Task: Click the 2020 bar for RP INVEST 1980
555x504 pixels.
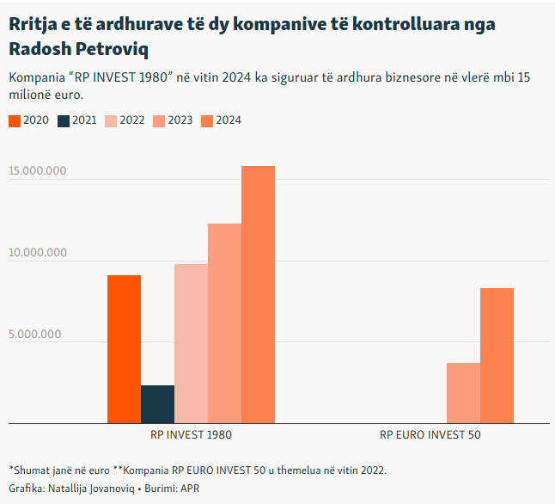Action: pyautogui.click(x=124, y=349)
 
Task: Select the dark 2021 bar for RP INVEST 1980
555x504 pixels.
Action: pyautogui.click(x=157, y=404)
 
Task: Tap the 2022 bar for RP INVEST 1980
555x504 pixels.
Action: pyautogui.click(x=191, y=343)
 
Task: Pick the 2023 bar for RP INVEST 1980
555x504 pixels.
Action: pyautogui.click(x=224, y=323)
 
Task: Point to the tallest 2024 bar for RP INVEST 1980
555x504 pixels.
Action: pyautogui.click(x=258, y=294)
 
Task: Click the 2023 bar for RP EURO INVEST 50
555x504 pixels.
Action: pyautogui.click(x=463, y=393)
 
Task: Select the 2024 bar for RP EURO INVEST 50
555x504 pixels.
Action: pyautogui.click(x=497, y=355)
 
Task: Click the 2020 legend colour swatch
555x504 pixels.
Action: pyautogui.click(x=15, y=120)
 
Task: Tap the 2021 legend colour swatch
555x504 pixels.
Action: pyautogui.click(x=63, y=120)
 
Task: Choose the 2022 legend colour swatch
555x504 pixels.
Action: pyautogui.click(x=111, y=120)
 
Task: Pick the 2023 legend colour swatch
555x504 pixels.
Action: pyautogui.click(x=159, y=120)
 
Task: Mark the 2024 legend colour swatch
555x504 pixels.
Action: pyautogui.click(x=207, y=120)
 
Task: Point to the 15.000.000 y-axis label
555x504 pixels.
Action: pyautogui.click(x=38, y=171)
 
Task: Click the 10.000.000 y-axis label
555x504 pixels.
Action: pyautogui.click(x=38, y=253)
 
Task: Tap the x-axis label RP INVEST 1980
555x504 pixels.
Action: pyautogui.click(x=191, y=435)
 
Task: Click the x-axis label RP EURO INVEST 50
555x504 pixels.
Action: pyautogui.click(x=430, y=435)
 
